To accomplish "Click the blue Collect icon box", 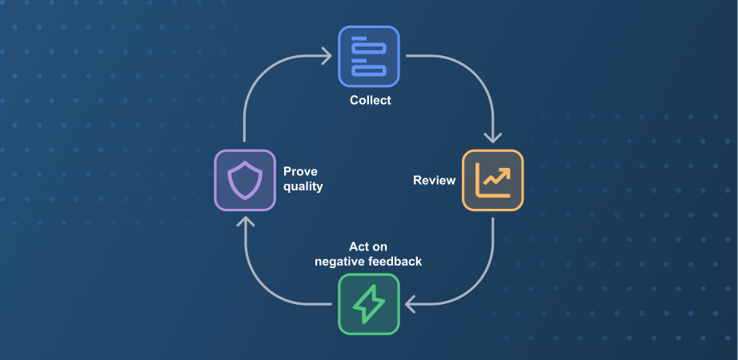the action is [369, 57].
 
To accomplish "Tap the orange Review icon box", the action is [493, 180].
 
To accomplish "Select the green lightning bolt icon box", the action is [369, 304].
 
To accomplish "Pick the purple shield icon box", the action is [245, 180].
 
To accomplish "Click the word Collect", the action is [371, 100].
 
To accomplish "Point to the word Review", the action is [435, 180].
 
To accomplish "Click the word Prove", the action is [300, 171].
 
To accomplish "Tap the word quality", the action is [303, 187].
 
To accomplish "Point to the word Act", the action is [359, 246].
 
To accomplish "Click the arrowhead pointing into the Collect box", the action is [326, 56].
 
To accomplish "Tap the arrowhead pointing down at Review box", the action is [493, 138].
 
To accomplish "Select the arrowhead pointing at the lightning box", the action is [410, 304].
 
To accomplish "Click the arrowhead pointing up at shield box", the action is [245, 221].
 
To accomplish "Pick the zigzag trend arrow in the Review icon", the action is [496, 178].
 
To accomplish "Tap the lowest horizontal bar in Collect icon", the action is [369, 70].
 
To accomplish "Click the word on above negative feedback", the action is [380, 247].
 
